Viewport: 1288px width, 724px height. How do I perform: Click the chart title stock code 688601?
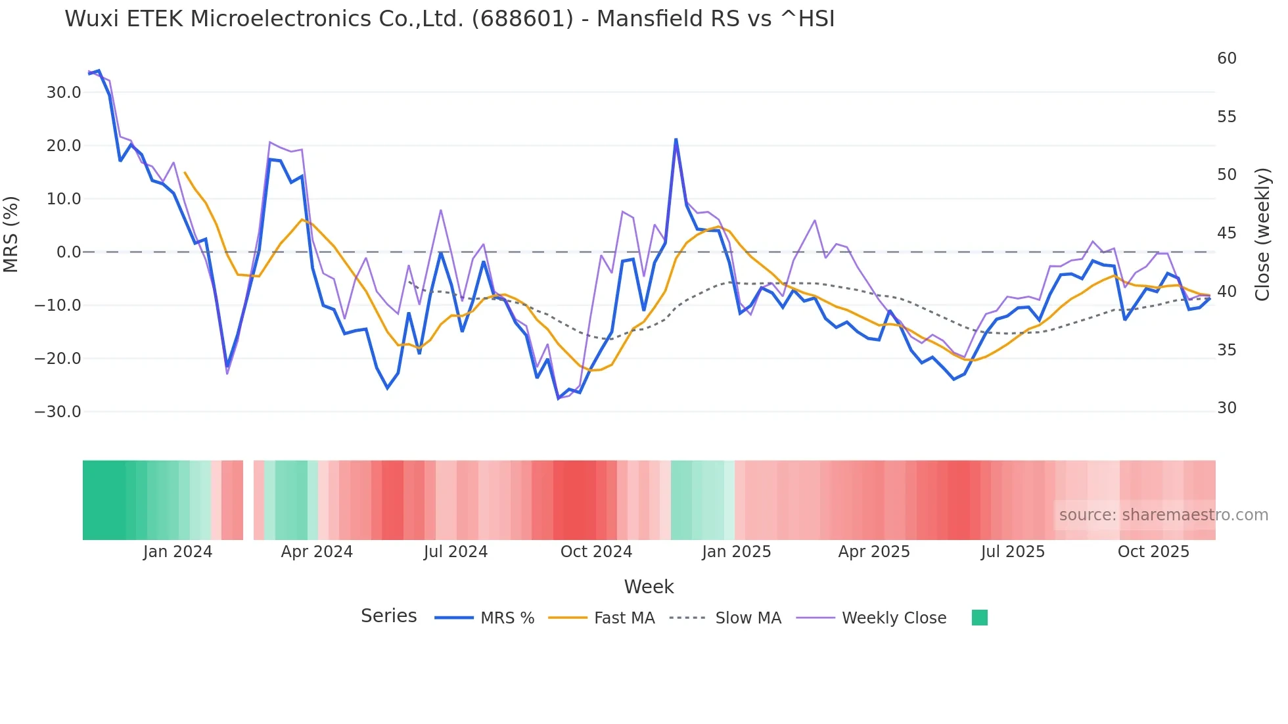click(x=522, y=19)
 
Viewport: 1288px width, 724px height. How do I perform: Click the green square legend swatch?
click(x=979, y=618)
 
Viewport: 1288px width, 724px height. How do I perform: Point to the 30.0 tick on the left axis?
click(x=64, y=93)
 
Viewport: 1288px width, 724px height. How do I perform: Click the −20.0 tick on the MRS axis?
click(x=58, y=359)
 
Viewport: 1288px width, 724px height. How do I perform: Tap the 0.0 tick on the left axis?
click(x=69, y=252)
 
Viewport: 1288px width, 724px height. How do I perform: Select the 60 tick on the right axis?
click(x=1226, y=58)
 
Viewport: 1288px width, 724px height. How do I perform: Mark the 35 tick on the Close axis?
click(x=1226, y=350)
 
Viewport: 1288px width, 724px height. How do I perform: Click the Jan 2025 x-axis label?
click(x=736, y=552)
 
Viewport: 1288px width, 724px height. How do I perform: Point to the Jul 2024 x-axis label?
click(x=455, y=552)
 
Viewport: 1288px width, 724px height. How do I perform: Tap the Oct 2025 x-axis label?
click(x=1153, y=552)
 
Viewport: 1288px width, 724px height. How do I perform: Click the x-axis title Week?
click(x=649, y=587)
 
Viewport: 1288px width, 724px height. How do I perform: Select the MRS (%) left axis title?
click(x=11, y=235)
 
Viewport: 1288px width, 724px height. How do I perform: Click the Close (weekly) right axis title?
click(x=1262, y=235)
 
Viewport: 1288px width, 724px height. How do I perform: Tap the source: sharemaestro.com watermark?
click(x=1163, y=515)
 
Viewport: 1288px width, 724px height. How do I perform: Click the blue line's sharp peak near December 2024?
click(x=676, y=140)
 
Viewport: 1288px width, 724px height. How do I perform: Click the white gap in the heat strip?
click(x=248, y=500)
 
